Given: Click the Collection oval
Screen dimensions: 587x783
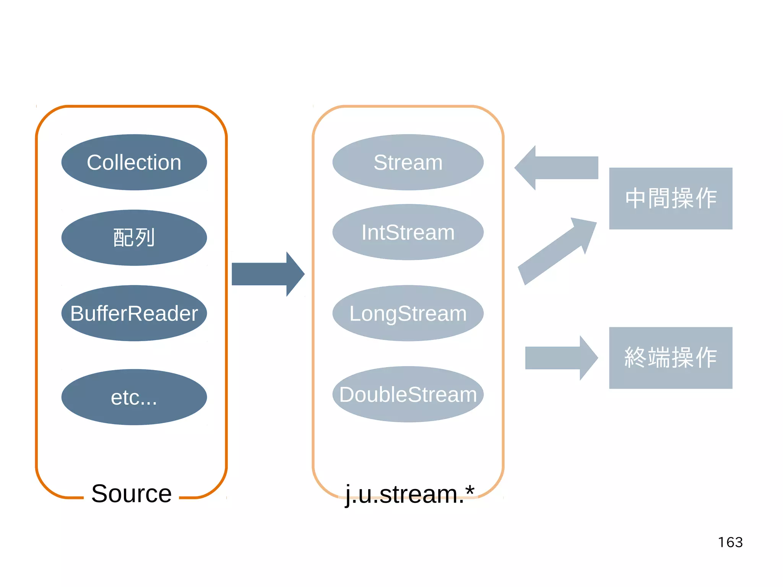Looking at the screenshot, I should tap(134, 162).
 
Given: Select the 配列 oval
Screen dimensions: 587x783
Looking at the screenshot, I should tap(134, 237).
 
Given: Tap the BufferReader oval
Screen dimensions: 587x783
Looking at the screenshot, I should tap(134, 313).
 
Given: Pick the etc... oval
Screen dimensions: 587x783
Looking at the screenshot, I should tap(134, 397).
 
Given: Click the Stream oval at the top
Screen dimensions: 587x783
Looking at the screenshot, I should tap(408, 162).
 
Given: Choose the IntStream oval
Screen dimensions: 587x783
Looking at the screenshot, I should tap(408, 232).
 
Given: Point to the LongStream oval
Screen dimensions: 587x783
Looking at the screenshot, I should tap(408, 313).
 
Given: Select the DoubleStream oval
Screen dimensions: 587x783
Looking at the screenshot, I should tap(408, 394).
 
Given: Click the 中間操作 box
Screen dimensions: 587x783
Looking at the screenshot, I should tap(671, 198).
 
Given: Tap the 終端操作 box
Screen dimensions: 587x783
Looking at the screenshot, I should tap(671, 358).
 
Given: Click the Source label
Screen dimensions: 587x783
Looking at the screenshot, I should tap(131, 493).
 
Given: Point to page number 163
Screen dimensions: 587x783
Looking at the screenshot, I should tap(730, 542).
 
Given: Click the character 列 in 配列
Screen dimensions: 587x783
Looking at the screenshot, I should tap(145, 237).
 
